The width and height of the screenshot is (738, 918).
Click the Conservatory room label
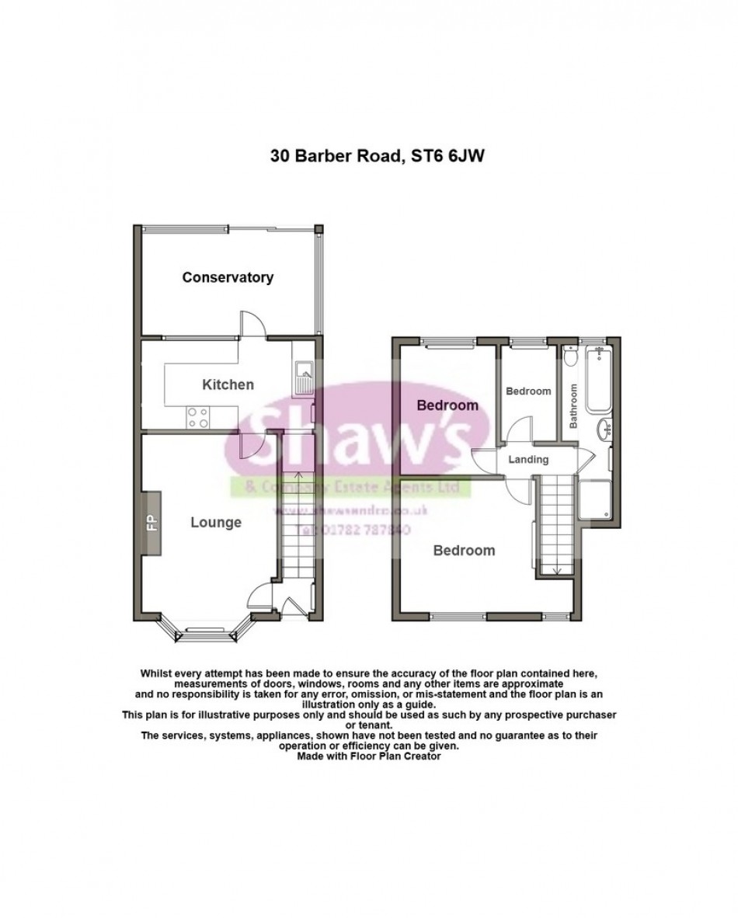point(228,277)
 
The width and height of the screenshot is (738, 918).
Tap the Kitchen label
point(228,384)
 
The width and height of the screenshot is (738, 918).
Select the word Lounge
point(216,523)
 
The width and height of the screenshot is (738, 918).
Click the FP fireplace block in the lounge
point(151,523)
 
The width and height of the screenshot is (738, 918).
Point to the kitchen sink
point(302,377)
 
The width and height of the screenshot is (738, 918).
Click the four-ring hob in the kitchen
point(197,418)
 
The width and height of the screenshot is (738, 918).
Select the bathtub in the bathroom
point(600,381)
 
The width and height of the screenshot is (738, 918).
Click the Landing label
point(528,460)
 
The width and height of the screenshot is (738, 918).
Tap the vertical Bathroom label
point(573,407)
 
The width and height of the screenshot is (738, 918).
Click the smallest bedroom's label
point(528,391)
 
